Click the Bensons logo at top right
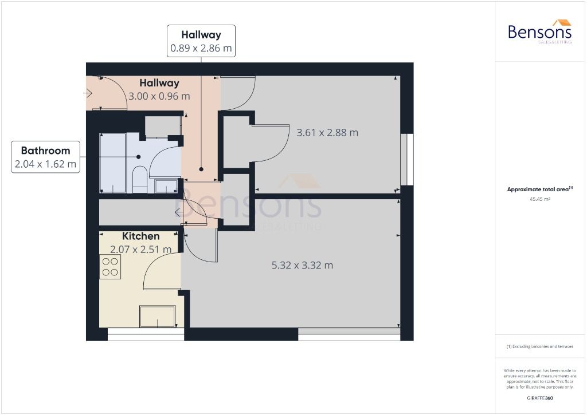(539, 32)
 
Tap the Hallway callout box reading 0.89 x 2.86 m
(201, 41)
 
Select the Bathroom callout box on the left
(45, 157)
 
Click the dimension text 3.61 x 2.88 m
(327, 133)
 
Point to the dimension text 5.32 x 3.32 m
(302, 265)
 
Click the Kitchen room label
(140, 236)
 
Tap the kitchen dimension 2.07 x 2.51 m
(140, 249)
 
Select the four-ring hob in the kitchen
(110, 267)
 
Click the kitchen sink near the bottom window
(157, 316)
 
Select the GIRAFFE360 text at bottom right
(539, 398)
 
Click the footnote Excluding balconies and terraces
(539, 346)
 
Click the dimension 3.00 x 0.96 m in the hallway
(159, 96)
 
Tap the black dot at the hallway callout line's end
(201, 169)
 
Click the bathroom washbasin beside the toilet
(165, 186)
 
